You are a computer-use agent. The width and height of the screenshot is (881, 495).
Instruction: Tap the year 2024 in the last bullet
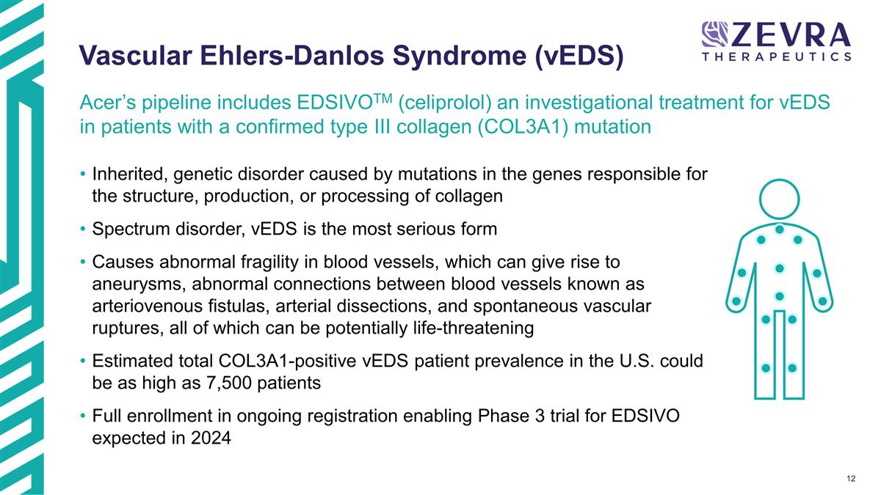tap(211, 439)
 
